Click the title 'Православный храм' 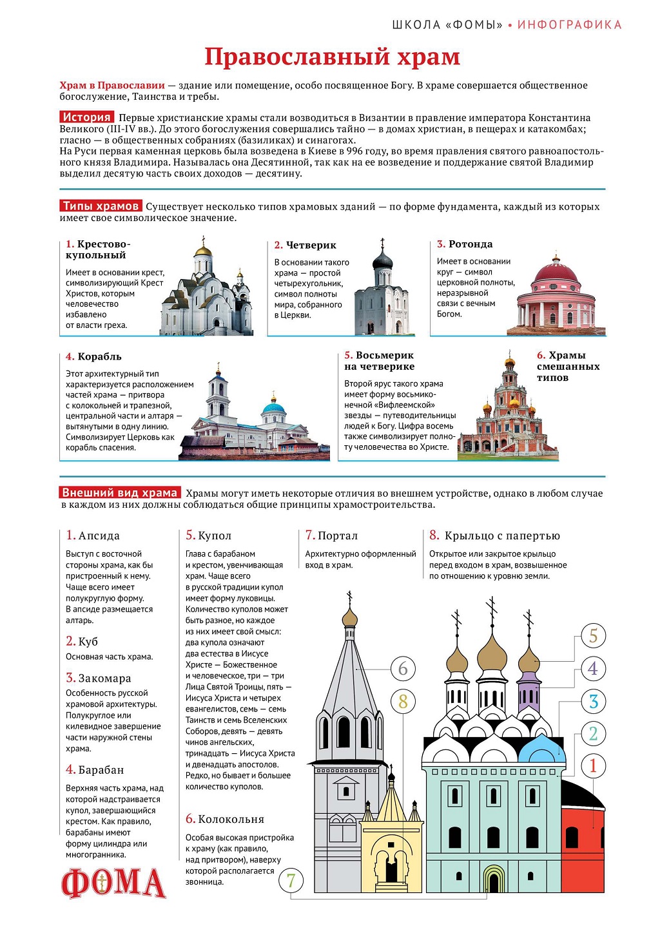coord(332,57)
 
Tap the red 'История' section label coord(87,117)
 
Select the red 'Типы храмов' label coord(101,206)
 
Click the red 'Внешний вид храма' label coord(120,493)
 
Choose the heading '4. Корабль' coord(93,356)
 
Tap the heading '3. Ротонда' coord(465,244)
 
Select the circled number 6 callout coord(403,669)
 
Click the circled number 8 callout coord(403,701)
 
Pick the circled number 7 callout coord(291,880)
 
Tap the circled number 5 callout coord(594,636)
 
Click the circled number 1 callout coord(594,766)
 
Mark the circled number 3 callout coord(594,702)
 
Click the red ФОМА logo coord(113,883)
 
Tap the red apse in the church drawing coord(582,838)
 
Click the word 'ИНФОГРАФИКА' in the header coord(570,25)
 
